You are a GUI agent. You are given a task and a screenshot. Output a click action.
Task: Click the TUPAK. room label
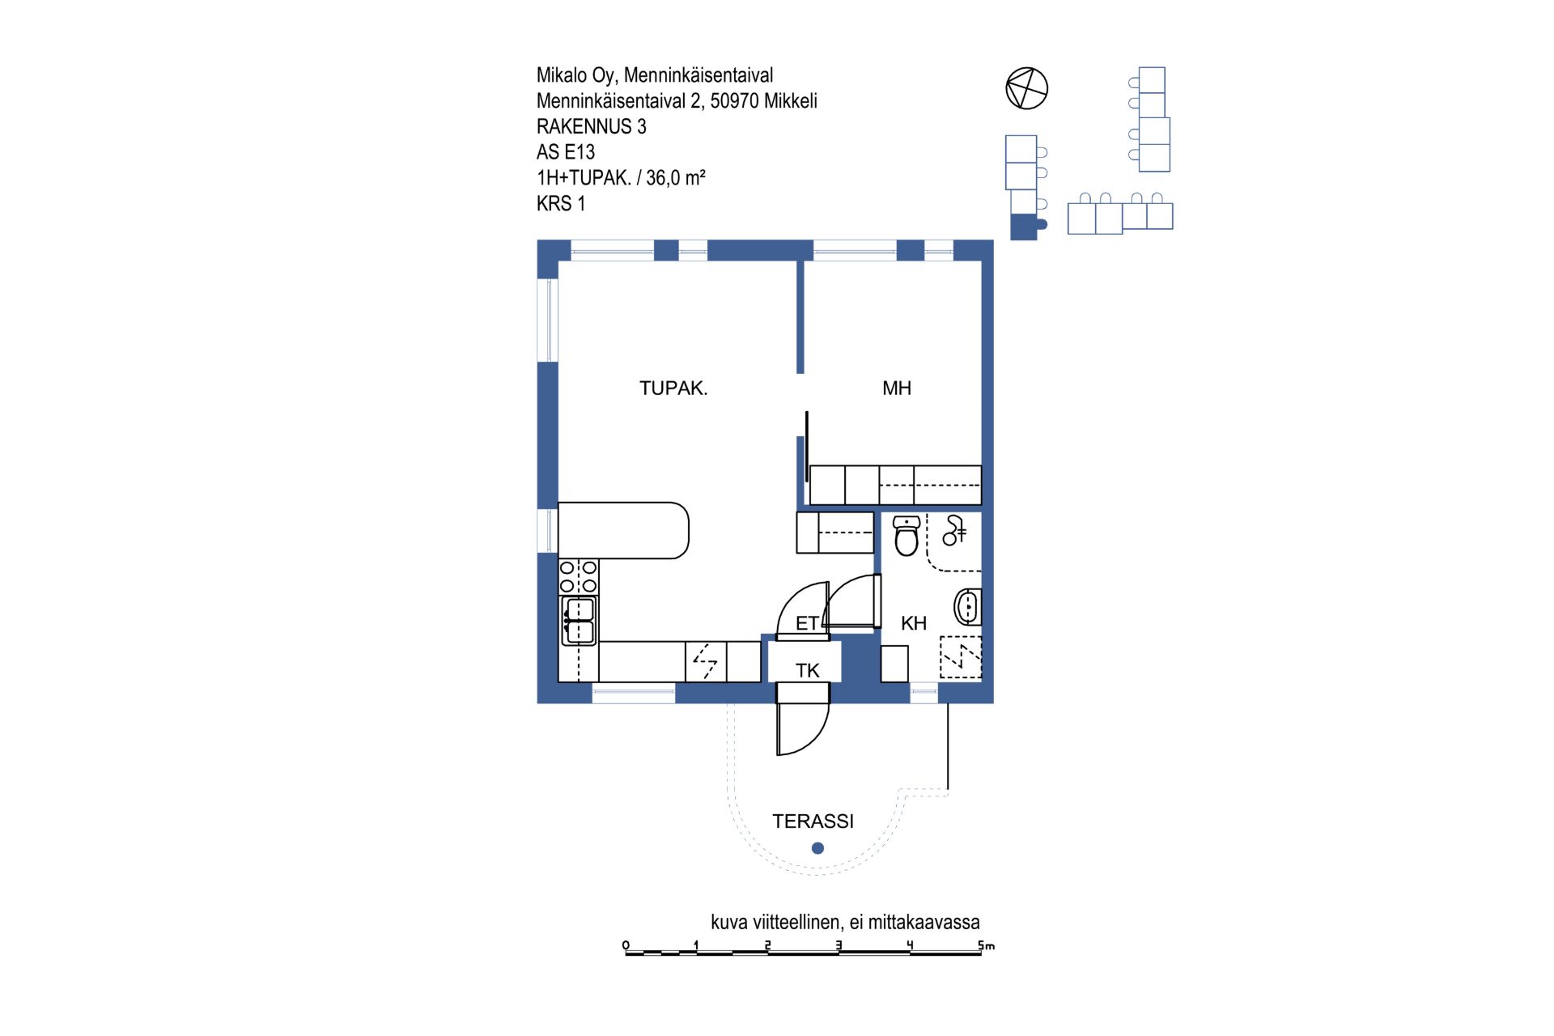point(673,388)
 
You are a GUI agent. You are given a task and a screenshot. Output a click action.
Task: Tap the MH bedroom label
point(897,388)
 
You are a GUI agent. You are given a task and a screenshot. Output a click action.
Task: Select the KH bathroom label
point(914,623)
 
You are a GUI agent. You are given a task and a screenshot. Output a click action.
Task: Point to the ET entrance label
point(807,623)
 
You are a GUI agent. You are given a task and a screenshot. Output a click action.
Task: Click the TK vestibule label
point(808,670)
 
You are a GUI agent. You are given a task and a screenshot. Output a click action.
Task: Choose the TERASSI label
point(813,822)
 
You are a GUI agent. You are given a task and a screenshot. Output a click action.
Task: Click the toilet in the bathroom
point(906,536)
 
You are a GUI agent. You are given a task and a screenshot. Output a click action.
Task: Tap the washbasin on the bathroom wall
point(968,607)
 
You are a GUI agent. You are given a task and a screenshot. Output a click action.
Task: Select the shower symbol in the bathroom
point(954,530)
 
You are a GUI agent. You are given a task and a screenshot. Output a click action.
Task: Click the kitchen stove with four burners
point(579,577)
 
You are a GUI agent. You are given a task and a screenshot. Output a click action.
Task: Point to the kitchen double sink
point(579,621)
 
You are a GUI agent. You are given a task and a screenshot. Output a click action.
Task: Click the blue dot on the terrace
point(817,848)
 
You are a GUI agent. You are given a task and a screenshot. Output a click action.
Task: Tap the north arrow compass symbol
point(1027,88)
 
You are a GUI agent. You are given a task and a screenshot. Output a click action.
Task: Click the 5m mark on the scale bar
point(986,945)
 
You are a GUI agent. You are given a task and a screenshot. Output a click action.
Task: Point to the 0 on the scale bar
point(626,945)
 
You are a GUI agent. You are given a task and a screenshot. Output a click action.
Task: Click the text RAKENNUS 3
point(592,126)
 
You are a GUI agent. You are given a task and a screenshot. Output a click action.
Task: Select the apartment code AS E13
point(566,152)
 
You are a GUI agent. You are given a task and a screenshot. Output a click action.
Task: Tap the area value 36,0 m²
point(676,177)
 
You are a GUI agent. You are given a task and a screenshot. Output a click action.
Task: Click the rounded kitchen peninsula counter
point(623,530)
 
